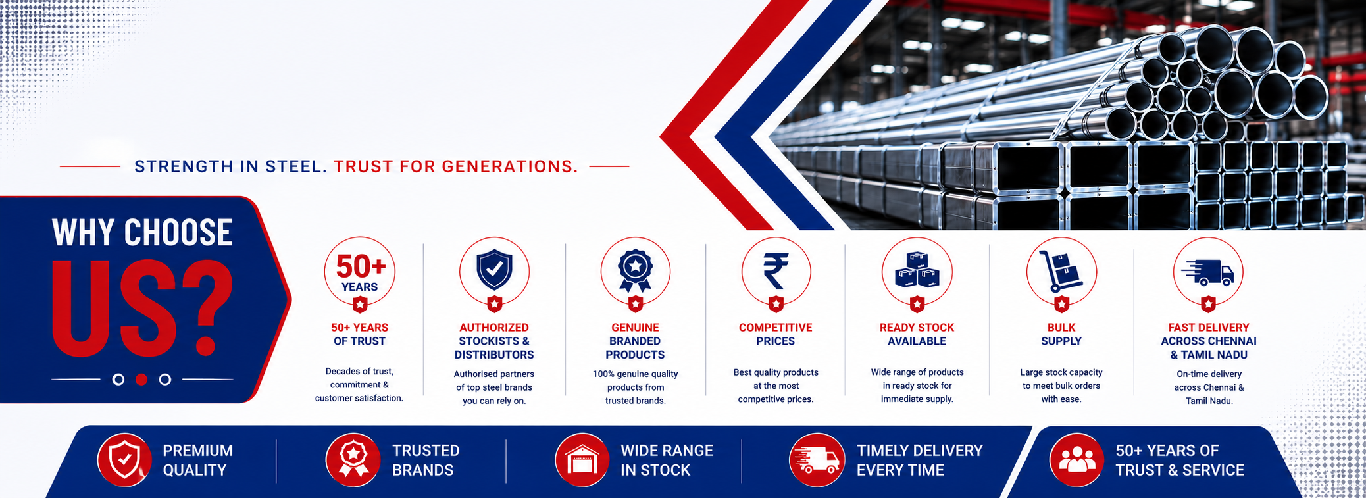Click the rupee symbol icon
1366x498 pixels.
776,270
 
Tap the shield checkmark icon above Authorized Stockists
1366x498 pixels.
495,269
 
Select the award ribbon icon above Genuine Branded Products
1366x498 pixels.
635,270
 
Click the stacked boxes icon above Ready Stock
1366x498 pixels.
917,270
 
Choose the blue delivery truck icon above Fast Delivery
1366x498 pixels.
1207,272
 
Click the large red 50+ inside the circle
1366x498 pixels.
361,266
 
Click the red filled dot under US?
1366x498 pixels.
141,380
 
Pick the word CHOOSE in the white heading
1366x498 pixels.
178,233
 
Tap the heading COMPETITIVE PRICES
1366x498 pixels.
776,334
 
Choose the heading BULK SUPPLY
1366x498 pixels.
1061,334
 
